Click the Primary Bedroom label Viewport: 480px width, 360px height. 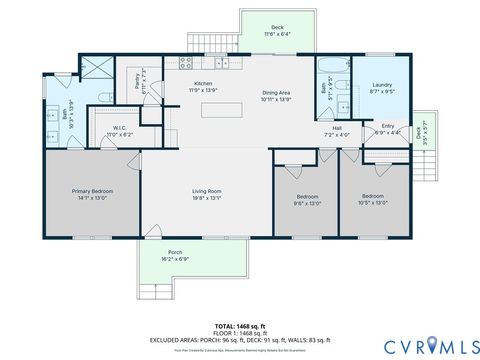[x=91, y=193]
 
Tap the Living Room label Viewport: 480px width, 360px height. [x=206, y=193]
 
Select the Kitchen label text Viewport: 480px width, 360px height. [x=203, y=85]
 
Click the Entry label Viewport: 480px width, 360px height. [x=387, y=128]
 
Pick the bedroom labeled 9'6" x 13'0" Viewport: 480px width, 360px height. [x=306, y=198]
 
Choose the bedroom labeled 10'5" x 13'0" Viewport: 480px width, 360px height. [x=373, y=198]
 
